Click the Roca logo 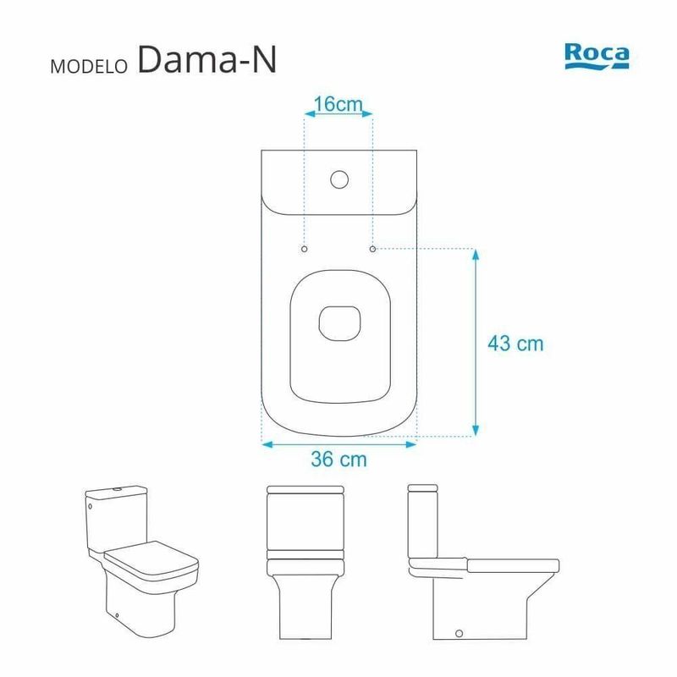(597, 56)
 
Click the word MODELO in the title (89, 67)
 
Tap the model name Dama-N (206, 59)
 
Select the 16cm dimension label (338, 104)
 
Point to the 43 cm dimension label (515, 344)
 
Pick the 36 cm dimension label (339, 459)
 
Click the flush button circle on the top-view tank (339, 179)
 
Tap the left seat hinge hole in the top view (305, 249)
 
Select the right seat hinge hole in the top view (372, 249)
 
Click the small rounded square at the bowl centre (339, 323)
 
